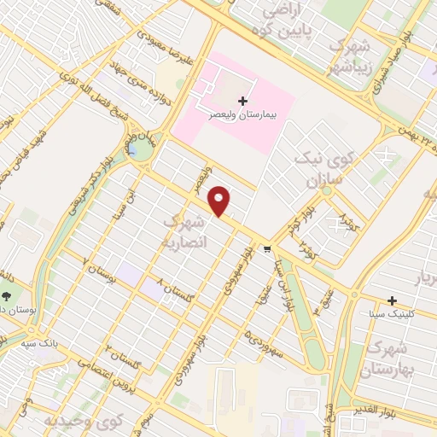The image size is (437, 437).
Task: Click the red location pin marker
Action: click(221, 201)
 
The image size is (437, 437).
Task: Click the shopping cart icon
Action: click(268, 249)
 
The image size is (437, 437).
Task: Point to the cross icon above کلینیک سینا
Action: click(392, 300)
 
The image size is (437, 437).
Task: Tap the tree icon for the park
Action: click(7, 295)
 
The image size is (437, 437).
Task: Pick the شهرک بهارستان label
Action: click(388, 358)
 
